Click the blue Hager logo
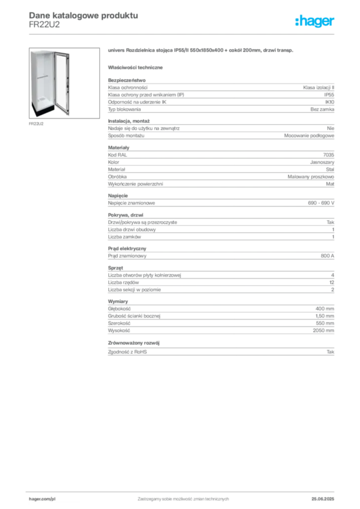point(315,22)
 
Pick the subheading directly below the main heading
point(137,67)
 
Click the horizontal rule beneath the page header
point(182,34)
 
